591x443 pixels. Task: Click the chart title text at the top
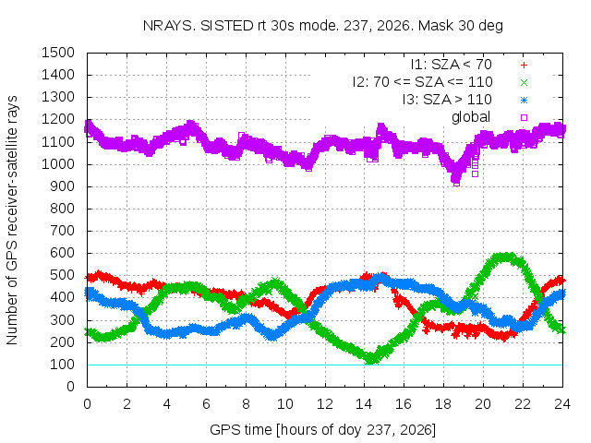[x=323, y=26]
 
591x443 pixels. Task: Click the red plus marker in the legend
[x=524, y=66]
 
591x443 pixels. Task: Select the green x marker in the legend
[x=524, y=82]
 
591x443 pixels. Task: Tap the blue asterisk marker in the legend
[x=524, y=101]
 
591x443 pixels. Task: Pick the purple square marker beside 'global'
[x=524, y=117]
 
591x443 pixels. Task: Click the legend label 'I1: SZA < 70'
[x=452, y=65]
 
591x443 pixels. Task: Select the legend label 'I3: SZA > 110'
[x=447, y=100]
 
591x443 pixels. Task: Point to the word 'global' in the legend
[x=471, y=117]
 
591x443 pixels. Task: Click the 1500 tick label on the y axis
[x=58, y=53]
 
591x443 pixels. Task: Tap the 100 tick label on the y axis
[x=62, y=365]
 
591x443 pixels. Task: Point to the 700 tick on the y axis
[x=62, y=231]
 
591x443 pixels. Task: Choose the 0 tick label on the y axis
[x=70, y=387]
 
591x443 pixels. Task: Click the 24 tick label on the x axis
[x=562, y=404]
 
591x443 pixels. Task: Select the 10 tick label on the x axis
[x=285, y=404]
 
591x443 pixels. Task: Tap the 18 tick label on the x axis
[x=443, y=404]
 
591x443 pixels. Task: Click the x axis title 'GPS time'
[x=240, y=430]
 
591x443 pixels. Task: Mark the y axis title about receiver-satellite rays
[x=12, y=220]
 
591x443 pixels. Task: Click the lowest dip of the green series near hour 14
[x=371, y=359]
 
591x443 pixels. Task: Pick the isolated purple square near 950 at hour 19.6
[x=475, y=174]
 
